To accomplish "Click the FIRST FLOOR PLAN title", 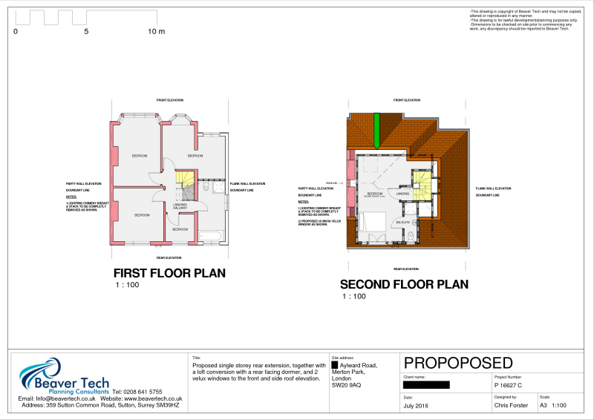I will [x=169, y=273].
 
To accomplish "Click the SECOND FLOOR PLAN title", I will [x=404, y=284].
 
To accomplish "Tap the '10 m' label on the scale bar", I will [x=157, y=32].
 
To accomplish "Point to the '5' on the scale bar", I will [x=86, y=32].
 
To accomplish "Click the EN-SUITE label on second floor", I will [x=402, y=222].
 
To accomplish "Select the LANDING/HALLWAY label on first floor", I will [x=180, y=206].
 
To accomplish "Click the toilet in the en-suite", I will [x=411, y=237].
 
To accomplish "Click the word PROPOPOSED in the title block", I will [x=458, y=363].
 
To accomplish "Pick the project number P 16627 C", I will [x=509, y=386].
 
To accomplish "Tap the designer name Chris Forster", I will [x=511, y=406].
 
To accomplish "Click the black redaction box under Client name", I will [x=426, y=385].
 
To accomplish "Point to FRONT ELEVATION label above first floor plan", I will [x=169, y=100].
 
